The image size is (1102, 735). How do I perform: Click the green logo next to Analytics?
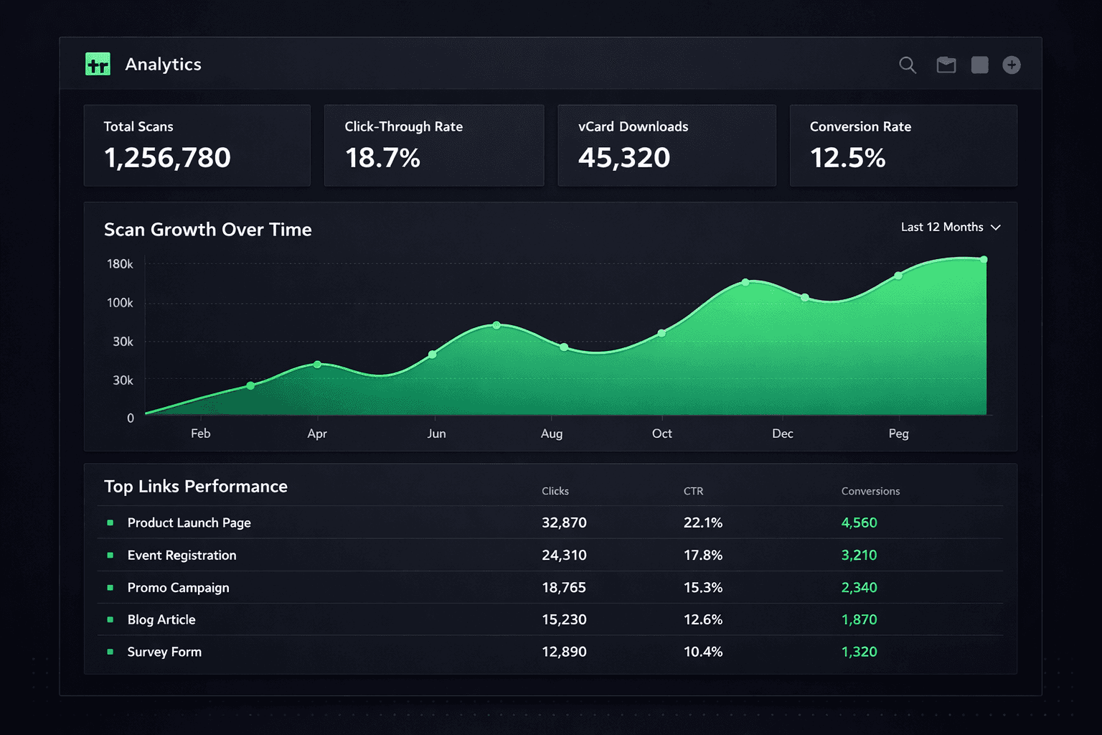tap(98, 65)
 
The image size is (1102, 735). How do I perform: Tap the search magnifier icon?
tap(908, 65)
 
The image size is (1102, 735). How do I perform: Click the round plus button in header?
tap(1012, 65)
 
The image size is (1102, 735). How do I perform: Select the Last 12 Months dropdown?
tap(950, 227)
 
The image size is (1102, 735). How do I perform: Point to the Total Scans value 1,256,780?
tap(167, 158)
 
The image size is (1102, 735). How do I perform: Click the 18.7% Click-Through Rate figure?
tap(382, 158)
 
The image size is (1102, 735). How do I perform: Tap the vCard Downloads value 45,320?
tap(624, 158)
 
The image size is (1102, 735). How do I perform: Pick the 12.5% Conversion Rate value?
tap(847, 158)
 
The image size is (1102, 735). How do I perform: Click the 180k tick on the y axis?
tap(120, 264)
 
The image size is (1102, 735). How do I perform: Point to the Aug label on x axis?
tap(552, 434)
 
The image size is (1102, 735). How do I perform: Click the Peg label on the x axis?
tap(898, 434)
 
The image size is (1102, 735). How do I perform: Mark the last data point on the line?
tap(984, 260)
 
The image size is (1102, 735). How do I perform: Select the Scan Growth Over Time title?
tap(208, 230)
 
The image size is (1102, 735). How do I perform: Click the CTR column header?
tap(693, 491)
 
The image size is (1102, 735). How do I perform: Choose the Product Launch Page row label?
tap(189, 523)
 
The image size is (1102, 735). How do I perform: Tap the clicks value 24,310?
tap(564, 555)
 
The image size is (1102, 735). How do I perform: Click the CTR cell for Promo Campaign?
tap(702, 587)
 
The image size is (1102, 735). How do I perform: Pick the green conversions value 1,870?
tap(859, 619)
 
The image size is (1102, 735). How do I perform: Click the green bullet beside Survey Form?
tap(110, 652)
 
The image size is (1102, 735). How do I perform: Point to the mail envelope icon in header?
tap(946, 65)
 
